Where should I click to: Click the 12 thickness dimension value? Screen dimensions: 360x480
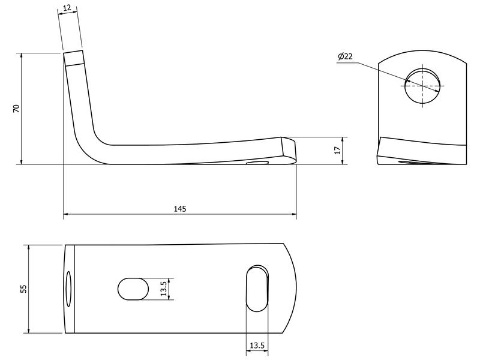pyautogui.click(x=67, y=8)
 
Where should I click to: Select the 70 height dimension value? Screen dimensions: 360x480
pyautogui.click(x=17, y=109)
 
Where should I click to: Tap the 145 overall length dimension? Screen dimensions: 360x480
pyautogui.click(x=180, y=209)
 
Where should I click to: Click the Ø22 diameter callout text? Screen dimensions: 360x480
pyautogui.click(x=345, y=56)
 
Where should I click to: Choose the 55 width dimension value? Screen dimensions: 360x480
pyautogui.click(x=23, y=289)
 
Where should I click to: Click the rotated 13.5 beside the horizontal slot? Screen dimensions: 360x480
pyautogui.click(x=163, y=289)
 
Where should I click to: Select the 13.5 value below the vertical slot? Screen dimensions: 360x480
pyautogui.click(x=257, y=346)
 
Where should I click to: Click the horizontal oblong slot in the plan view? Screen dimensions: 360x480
pyautogui.click(x=133, y=289)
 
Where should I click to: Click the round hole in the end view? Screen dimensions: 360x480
pyautogui.click(x=423, y=85)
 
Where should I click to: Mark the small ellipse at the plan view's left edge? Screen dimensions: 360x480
pyautogui.click(x=68, y=289)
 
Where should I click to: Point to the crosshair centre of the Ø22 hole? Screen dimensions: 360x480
pyautogui.click(x=423, y=85)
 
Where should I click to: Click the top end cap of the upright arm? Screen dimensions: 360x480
pyautogui.click(x=74, y=58)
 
